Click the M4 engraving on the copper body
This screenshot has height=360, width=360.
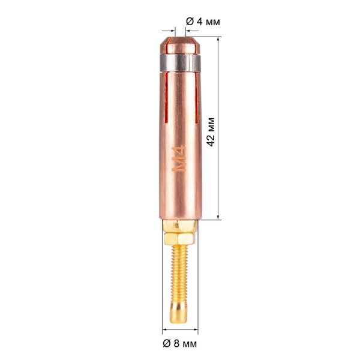click(x=180, y=160)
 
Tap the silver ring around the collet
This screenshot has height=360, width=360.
click(x=180, y=62)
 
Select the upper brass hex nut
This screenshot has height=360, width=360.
click(x=180, y=226)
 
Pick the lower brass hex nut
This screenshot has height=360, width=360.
click(x=180, y=239)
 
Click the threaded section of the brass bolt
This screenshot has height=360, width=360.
click(x=180, y=271)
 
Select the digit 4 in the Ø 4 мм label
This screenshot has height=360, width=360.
click(x=199, y=21)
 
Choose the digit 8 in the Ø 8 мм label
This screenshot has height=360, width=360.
click(x=178, y=344)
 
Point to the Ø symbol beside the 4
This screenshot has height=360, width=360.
click(x=190, y=21)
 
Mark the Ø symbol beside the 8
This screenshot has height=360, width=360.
click(x=169, y=344)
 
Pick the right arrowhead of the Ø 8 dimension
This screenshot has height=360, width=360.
click(x=195, y=329)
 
